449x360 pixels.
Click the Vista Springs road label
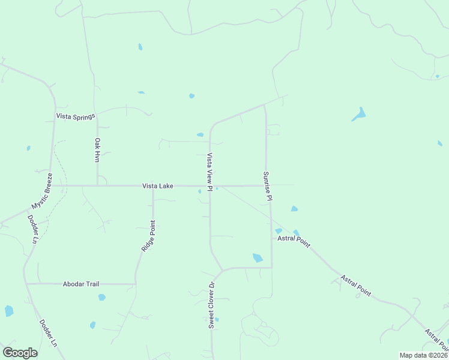tap(76, 116)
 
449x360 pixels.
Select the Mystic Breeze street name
tap(42, 191)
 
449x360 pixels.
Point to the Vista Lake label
tap(158, 186)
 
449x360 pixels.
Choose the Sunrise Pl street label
tap(268, 185)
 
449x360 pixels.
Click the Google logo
tap(20, 353)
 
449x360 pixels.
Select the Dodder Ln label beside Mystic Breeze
tap(33, 228)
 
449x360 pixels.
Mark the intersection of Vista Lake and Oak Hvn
tap(97, 185)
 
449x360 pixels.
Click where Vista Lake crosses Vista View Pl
tap(210, 185)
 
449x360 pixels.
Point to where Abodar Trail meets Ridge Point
tap(135, 284)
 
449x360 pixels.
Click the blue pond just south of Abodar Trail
tap(101, 297)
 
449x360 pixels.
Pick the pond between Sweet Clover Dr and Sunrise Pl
tap(258, 257)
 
